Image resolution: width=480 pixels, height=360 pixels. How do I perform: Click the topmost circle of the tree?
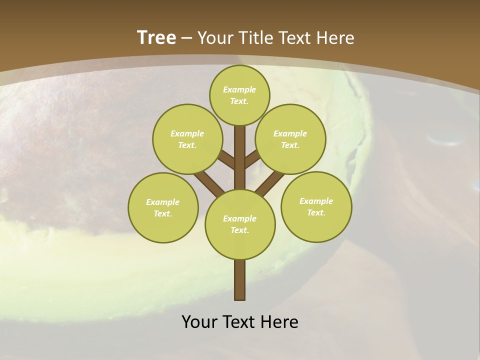239,95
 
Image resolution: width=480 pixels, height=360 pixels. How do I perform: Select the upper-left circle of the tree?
187,139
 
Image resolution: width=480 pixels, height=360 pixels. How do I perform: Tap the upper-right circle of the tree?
290,139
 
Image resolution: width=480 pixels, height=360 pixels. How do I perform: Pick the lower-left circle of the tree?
163,207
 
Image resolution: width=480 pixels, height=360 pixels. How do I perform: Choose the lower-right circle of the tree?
316,206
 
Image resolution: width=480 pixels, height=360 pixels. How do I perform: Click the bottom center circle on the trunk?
240,224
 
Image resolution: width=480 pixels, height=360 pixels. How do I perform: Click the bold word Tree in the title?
156,37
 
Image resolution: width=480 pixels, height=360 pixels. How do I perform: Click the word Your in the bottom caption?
199,322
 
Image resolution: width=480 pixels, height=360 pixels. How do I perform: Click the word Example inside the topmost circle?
239,89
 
